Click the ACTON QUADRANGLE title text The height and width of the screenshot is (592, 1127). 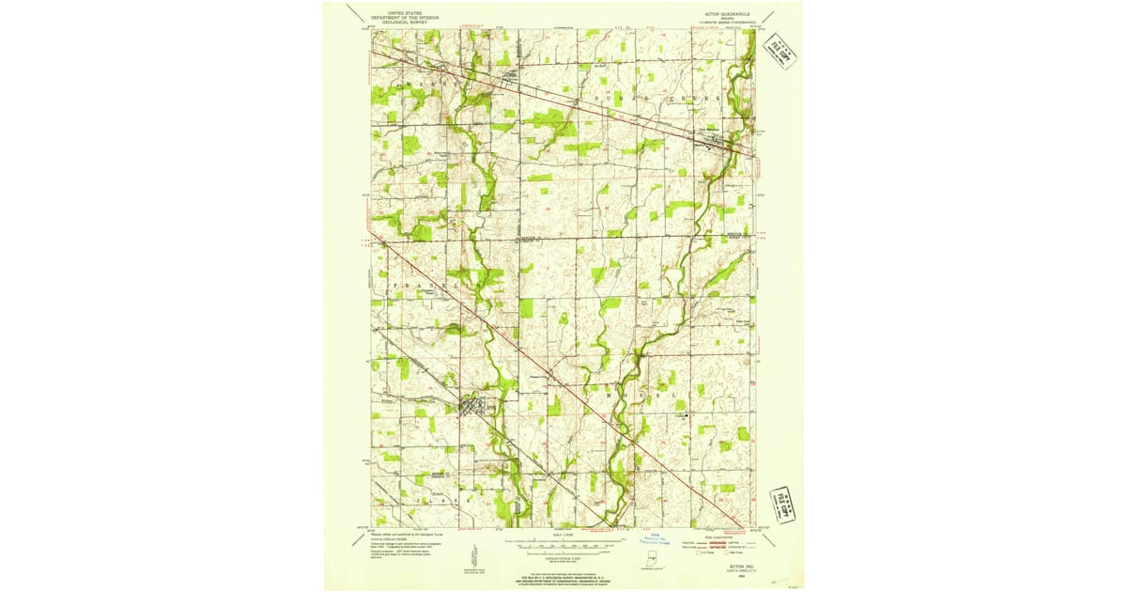pos(723,14)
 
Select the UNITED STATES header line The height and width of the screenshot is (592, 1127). pos(404,11)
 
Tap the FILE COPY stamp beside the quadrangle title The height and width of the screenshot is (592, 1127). pos(781,55)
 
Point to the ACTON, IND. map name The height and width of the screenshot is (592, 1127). pos(729,567)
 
